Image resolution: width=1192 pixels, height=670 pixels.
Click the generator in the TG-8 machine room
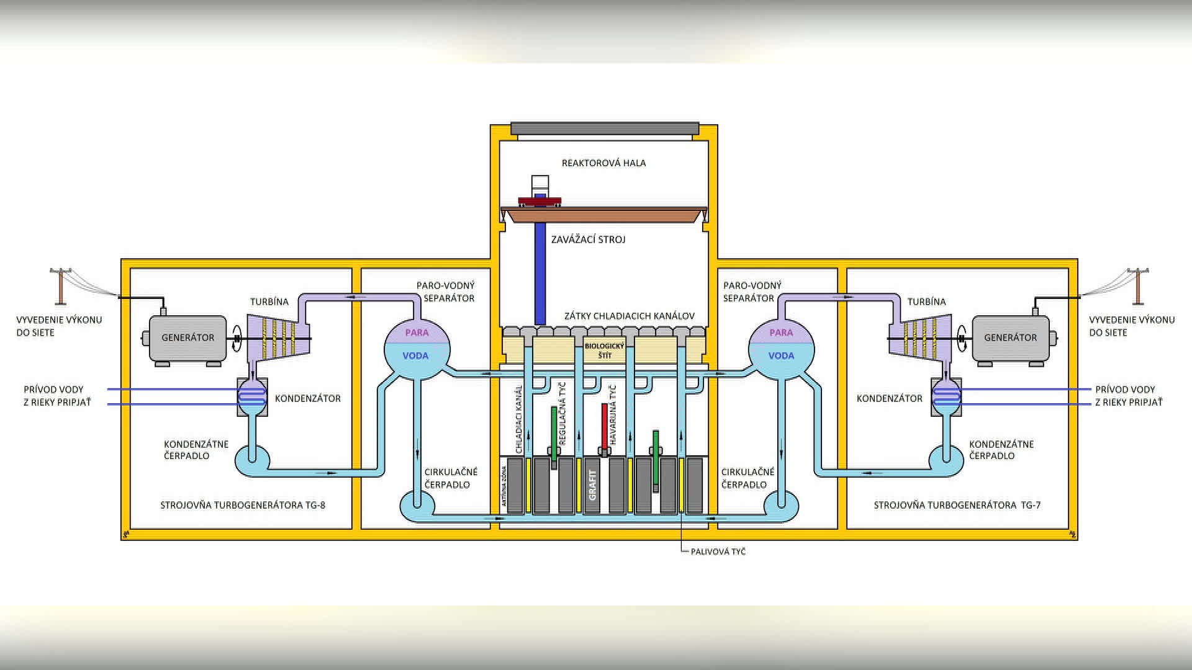click(x=187, y=338)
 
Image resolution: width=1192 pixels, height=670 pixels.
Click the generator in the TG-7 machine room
click(x=1010, y=338)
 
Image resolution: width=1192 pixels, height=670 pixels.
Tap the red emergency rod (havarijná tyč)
click(x=604, y=427)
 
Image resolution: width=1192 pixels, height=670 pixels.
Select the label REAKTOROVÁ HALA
click(x=603, y=163)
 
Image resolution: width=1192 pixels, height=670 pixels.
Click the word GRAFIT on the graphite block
click(x=592, y=485)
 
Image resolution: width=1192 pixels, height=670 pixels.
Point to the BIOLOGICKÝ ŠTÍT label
click(x=604, y=351)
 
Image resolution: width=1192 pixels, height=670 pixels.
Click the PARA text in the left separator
click(x=417, y=333)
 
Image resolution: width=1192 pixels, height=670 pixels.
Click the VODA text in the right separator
click(x=781, y=355)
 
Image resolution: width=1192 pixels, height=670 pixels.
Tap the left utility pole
click(x=61, y=287)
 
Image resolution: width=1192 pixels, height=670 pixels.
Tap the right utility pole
click(x=1137, y=287)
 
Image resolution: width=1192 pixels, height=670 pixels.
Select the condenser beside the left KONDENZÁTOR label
click(x=252, y=396)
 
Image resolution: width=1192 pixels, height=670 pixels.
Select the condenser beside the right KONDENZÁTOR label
click(x=946, y=396)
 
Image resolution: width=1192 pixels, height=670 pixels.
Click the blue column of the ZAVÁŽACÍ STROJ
click(x=540, y=273)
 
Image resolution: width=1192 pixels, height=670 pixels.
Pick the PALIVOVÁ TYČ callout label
click(x=718, y=552)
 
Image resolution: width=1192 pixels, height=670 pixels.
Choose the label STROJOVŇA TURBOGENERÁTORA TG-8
click(x=243, y=505)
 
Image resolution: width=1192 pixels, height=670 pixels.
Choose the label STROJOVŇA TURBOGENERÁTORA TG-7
click(x=957, y=505)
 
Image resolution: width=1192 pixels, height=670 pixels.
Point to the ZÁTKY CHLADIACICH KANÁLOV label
click(x=629, y=316)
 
